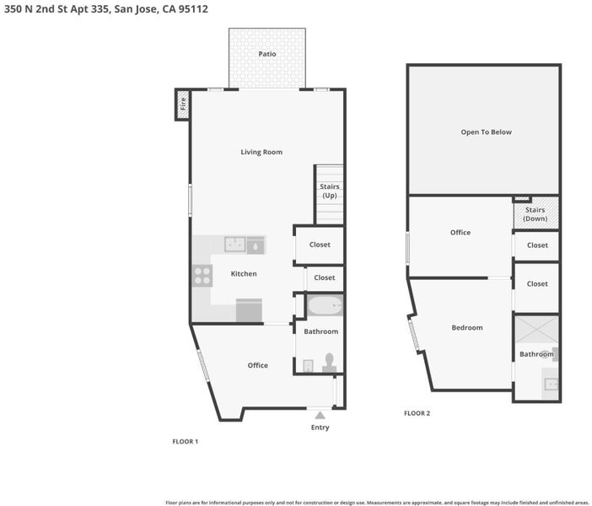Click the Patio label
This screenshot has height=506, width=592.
tap(267, 54)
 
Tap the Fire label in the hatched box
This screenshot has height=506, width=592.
tap(183, 104)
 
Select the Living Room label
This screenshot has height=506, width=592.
tap(261, 152)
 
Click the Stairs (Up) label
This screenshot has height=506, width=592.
tap(329, 191)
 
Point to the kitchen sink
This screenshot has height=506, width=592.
tap(234, 245)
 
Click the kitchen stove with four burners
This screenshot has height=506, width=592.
tap(202, 276)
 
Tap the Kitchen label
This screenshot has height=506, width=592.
tap(244, 274)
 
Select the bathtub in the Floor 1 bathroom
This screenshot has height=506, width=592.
tap(325, 305)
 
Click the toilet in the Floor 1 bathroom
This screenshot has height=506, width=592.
tap(329, 363)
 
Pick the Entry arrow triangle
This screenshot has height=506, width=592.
tap(320, 416)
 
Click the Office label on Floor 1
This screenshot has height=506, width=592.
tap(258, 365)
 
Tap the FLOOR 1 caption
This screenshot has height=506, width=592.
tap(185, 441)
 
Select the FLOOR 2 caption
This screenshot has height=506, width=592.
tap(417, 413)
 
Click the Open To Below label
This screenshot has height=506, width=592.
tap(487, 132)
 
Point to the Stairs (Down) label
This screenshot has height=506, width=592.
tap(535, 214)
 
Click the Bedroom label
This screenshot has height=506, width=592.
tap(467, 328)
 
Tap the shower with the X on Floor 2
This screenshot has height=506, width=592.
tap(536, 330)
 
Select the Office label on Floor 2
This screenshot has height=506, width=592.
tap(460, 233)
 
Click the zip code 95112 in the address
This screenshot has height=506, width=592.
tap(193, 9)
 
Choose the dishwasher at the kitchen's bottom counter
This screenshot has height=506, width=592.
tap(249, 310)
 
